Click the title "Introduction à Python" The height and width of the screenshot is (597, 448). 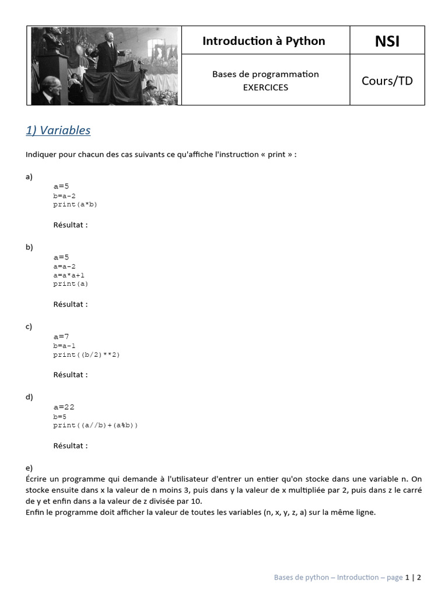264,41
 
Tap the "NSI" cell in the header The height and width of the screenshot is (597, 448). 387,41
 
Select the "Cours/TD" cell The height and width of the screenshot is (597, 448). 387,80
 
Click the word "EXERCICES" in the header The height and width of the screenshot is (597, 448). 265,87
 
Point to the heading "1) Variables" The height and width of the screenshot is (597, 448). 58,130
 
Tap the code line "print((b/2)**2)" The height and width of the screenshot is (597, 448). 86,354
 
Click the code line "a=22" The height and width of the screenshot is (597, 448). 64,407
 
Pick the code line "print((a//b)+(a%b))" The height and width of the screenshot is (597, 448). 96,425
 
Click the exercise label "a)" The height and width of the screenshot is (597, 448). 29,176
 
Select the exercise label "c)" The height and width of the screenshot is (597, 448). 29,326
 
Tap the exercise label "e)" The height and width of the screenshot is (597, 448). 29,468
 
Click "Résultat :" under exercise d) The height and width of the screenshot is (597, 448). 71,445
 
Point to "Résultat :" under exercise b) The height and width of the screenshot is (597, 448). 71,304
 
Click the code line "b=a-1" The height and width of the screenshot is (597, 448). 65,346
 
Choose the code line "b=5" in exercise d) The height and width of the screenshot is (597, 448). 60,416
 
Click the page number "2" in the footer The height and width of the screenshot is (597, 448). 419,577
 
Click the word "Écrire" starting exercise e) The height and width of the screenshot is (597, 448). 38,479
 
